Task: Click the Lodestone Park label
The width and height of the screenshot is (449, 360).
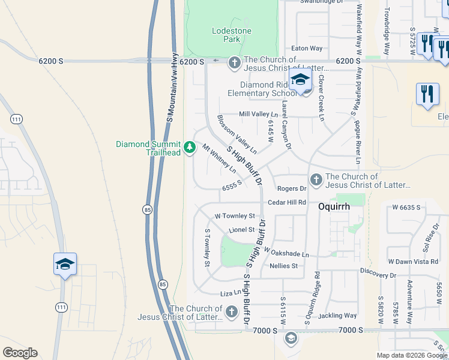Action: tap(232, 35)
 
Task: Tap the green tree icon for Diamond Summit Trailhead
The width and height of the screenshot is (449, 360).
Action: tap(190, 147)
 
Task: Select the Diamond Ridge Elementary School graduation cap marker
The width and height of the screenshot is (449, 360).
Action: tap(300, 79)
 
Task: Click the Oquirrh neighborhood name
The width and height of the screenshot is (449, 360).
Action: tap(334, 205)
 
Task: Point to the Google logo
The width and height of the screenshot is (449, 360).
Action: tap(20, 353)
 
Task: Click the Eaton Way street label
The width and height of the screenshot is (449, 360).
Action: tap(307, 48)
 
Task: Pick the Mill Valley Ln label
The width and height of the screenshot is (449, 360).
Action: tap(259, 114)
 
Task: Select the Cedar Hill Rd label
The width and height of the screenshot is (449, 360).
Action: tap(287, 203)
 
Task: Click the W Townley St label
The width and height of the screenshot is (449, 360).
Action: tap(235, 216)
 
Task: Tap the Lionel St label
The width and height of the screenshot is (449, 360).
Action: tap(243, 230)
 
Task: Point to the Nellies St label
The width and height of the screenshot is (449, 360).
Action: tap(284, 266)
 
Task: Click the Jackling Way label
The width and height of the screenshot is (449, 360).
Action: tap(339, 316)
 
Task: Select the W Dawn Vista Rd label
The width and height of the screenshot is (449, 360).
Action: tap(414, 262)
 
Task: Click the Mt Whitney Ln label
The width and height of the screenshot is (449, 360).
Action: tap(218, 158)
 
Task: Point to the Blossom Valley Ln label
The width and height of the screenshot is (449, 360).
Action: tap(237, 134)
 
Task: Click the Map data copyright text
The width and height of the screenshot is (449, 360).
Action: tap(411, 355)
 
